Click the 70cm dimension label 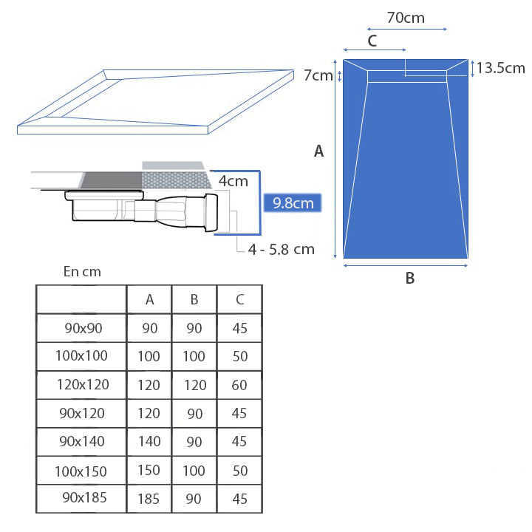(406, 17)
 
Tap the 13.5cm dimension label (500, 68)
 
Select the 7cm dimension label (318, 75)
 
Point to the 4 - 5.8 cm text (281, 249)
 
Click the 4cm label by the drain (233, 180)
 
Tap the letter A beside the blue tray (319, 151)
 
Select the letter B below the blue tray (409, 279)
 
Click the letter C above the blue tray (372, 41)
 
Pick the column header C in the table (239, 299)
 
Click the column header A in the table (149, 299)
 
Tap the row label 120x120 (81, 384)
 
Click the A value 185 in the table (149, 499)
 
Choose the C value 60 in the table (239, 385)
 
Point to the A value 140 (149, 442)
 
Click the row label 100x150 (81, 471)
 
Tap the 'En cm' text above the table (81, 272)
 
